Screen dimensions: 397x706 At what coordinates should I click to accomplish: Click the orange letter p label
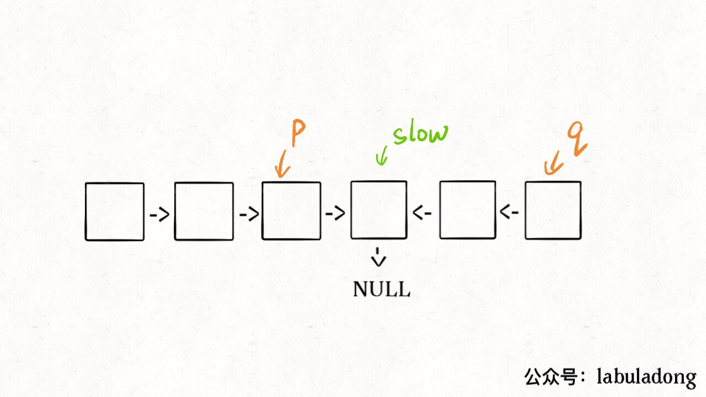point(298,134)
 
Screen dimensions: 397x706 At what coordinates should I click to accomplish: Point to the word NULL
point(382,289)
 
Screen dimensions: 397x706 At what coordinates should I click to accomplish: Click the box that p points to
point(291,211)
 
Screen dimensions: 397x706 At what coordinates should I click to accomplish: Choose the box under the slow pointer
point(379,210)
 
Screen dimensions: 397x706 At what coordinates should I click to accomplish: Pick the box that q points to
point(553,210)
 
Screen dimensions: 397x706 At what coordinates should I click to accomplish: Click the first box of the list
point(114,212)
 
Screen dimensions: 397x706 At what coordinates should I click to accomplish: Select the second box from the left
point(204,212)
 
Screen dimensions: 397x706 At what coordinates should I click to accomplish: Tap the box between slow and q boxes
point(467,210)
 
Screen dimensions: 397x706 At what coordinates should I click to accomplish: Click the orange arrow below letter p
point(281,165)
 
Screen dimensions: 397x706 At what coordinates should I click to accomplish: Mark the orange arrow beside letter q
point(553,164)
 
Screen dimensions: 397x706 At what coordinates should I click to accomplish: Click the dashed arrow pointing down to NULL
point(379,257)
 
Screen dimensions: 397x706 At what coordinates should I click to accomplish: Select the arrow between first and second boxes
point(159,214)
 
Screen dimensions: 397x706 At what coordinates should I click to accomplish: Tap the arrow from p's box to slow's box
point(335,213)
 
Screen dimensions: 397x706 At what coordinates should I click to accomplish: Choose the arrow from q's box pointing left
point(510,212)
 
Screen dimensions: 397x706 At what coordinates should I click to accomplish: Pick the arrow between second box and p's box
point(249,214)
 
